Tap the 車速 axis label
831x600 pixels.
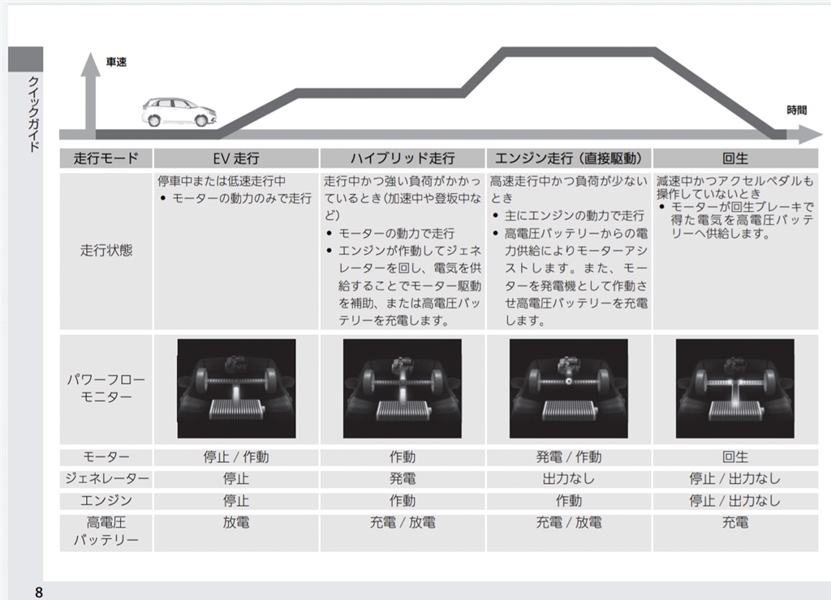116,63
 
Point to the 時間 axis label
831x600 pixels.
797,110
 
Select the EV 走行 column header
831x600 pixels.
236,158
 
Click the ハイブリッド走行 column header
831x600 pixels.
403,158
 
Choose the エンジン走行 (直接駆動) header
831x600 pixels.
568,158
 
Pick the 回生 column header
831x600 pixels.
735,158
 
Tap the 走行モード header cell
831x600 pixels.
106,158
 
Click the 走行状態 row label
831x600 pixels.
106,250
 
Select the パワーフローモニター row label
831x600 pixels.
106,388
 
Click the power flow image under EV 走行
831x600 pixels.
236,388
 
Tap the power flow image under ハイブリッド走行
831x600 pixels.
403,388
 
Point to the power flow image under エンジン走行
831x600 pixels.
568,388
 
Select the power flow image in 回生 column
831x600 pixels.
735,388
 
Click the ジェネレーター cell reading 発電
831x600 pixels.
403,479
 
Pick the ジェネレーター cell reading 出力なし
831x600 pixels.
568,479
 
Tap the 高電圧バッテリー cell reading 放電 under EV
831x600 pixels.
236,522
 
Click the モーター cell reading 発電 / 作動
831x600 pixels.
568,457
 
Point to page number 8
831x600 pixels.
39,590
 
